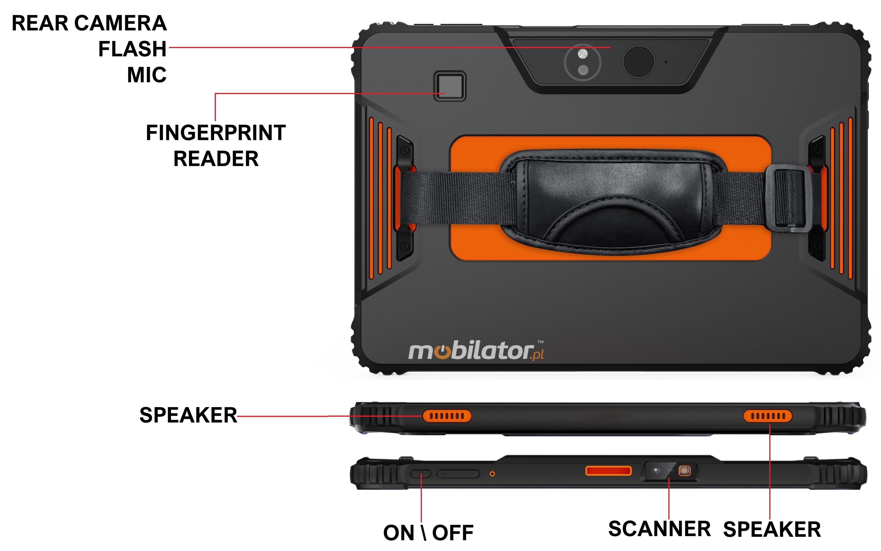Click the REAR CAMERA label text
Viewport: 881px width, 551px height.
point(89,23)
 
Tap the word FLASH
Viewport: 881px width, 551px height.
point(132,49)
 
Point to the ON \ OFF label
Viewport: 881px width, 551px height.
point(428,533)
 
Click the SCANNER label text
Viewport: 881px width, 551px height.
point(659,529)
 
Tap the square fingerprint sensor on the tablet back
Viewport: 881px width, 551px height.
point(450,86)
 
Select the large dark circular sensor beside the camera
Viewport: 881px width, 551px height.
point(638,62)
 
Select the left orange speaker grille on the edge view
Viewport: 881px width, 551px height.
point(447,416)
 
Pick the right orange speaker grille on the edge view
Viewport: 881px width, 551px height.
point(768,416)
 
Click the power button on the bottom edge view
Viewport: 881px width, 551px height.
point(421,474)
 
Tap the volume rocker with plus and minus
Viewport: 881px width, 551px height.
point(458,474)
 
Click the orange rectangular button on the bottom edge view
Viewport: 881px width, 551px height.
point(608,471)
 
